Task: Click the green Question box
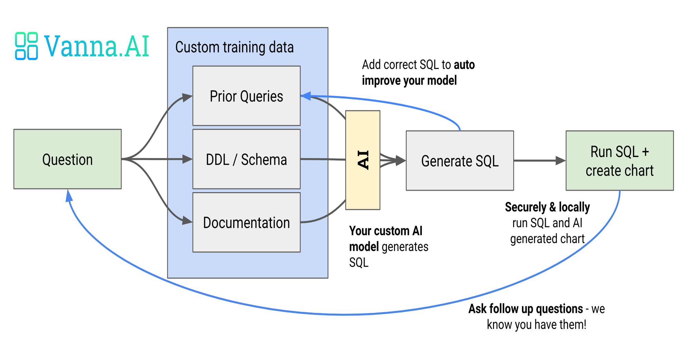coord(68,159)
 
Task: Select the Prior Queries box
coord(246,96)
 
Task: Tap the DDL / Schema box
coord(246,159)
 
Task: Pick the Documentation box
coord(246,222)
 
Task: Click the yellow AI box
coord(363,160)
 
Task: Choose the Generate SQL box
coord(460,160)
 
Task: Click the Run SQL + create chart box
coord(620,160)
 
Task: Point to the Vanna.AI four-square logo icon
coord(27,46)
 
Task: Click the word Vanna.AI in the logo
coord(97,46)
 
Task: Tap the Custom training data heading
coord(235,47)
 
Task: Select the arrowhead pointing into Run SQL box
coord(561,160)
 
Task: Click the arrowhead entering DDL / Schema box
coord(187,159)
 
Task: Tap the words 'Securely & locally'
coord(548,207)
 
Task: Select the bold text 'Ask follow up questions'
coord(526,309)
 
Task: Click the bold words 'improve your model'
coord(410,80)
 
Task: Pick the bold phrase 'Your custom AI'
coord(386,231)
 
